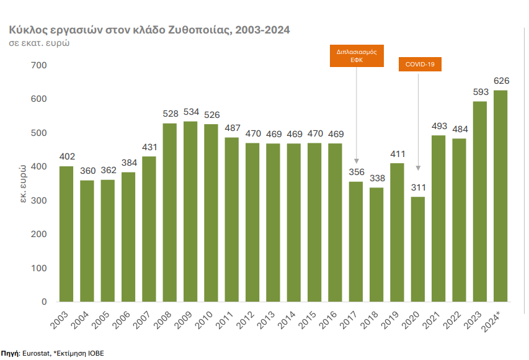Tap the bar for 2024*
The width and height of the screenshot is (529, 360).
500,196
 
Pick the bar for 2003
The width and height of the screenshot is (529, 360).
66,234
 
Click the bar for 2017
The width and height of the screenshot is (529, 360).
356,241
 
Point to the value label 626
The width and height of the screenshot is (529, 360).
500,81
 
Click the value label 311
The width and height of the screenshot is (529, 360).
418,187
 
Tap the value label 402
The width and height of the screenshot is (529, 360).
66,157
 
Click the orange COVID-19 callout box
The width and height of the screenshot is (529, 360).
419,64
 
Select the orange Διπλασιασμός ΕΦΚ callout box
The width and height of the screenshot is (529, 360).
357,57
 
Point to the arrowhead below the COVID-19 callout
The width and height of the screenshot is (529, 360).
419,168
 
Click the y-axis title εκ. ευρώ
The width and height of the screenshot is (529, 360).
22,184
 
